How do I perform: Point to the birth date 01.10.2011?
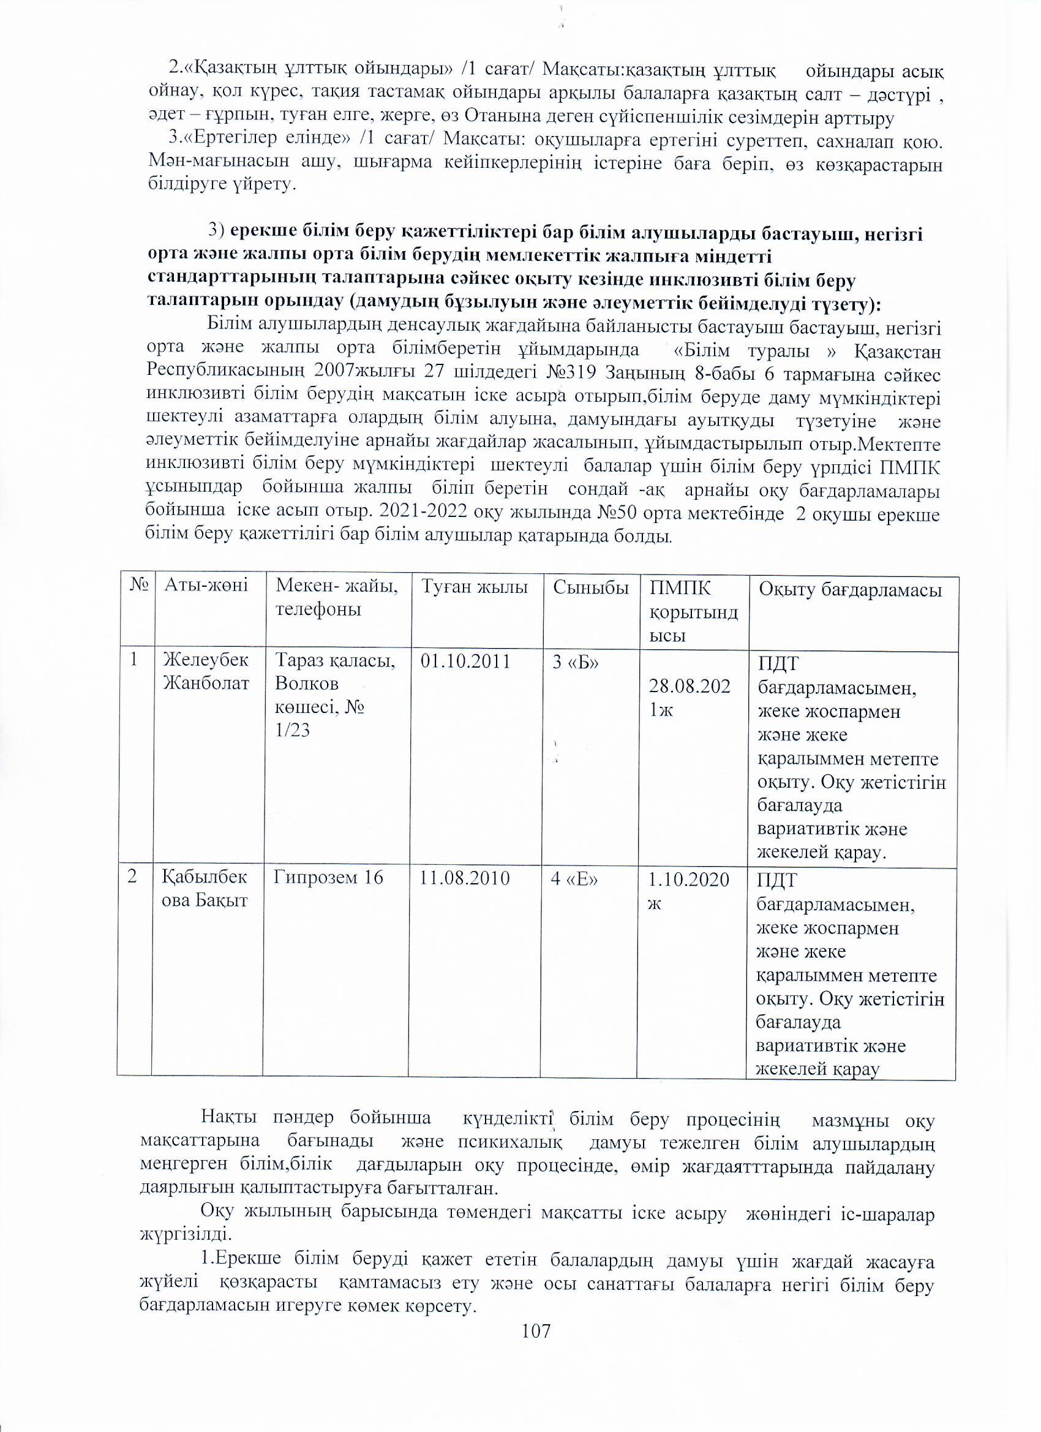pyautogui.click(x=465, y=661)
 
